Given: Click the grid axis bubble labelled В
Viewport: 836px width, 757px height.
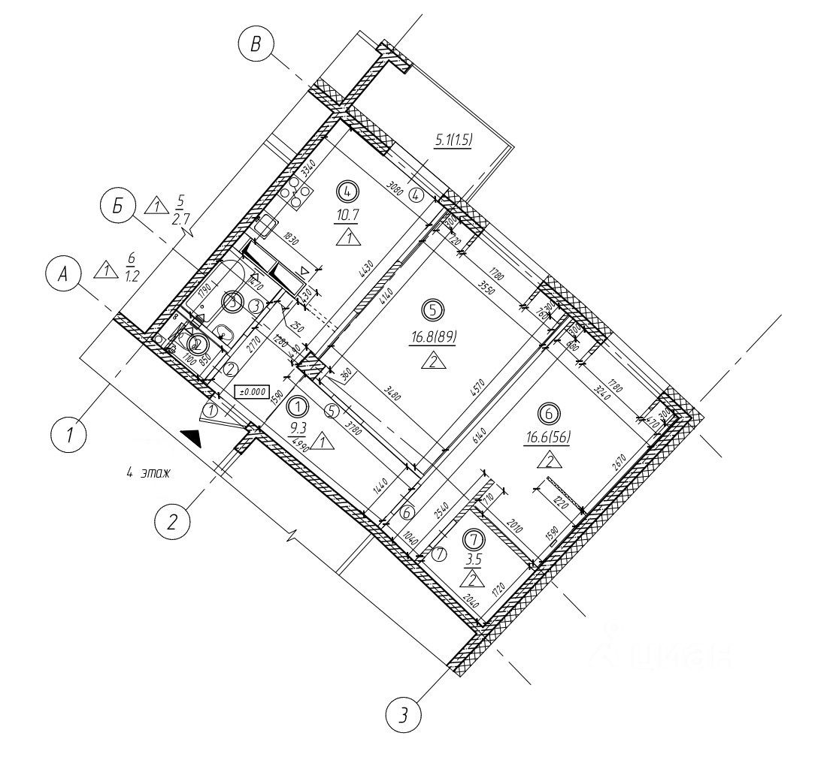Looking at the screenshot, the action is click(x=256, y=45).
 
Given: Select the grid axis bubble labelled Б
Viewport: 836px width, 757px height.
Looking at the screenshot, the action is click(x=117, y=207).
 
